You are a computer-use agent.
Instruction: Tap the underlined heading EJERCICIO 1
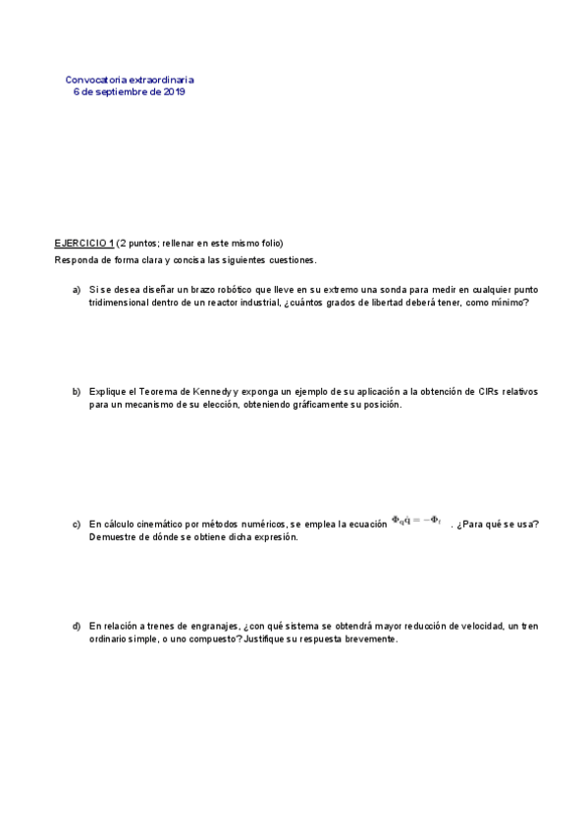pos(83,243)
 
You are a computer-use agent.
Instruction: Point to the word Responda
pos(74,260)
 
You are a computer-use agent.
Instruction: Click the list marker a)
pos(76,290)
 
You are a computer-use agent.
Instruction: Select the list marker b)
pos(76,391)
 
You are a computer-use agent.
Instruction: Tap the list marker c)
pos(76,524)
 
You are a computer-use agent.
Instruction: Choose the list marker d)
pos(76,626)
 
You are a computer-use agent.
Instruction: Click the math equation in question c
pos(416,521)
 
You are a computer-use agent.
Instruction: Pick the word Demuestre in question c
pos(111,537)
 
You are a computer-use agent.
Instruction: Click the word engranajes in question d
pos(206,626)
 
